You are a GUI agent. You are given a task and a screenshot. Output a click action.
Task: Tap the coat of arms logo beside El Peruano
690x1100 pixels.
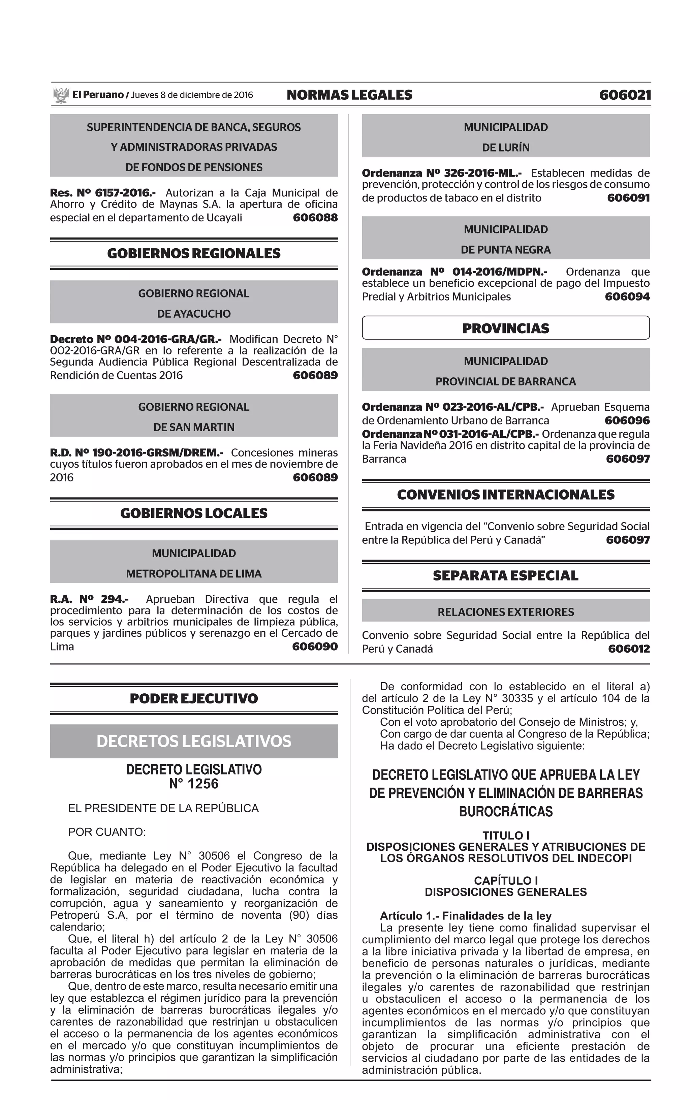tap(60, 95)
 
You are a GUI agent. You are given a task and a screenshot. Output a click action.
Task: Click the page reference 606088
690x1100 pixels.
tap(315, 218)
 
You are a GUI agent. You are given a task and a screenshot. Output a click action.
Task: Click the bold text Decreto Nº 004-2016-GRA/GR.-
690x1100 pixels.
tap(135, 340)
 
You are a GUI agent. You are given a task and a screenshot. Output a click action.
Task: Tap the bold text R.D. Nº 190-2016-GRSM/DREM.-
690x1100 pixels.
tap(136, 453)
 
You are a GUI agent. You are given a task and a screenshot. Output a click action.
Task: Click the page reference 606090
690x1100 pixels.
tap(315, 647)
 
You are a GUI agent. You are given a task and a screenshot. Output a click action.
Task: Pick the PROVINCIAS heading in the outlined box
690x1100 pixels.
tap(506, 328)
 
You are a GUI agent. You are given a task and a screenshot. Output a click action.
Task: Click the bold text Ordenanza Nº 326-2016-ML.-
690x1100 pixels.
tap(442, 174)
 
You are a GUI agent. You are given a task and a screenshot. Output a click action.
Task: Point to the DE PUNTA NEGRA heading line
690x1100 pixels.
tap(506, 250)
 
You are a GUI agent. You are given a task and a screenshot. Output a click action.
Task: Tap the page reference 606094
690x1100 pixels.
tap(627, 297)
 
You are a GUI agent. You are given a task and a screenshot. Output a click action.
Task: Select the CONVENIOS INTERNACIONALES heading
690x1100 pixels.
tap(506, 495)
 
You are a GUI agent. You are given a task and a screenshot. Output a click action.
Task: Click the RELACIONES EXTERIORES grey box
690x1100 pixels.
tap(506, 612)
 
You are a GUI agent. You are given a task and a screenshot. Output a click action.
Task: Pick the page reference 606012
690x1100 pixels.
tap(628, 649)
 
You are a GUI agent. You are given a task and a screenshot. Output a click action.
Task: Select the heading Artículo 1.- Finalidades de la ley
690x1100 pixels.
tap(466, 916)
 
